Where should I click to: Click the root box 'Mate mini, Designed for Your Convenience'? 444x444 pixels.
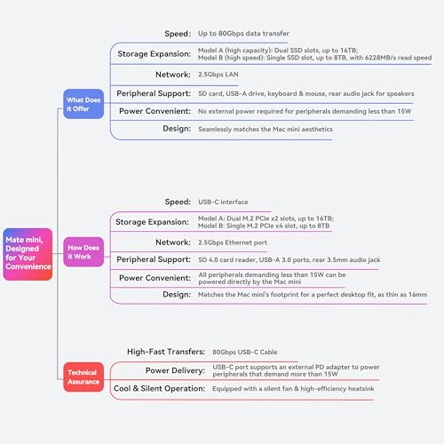point(28,254)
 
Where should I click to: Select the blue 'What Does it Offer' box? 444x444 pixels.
point(83,104)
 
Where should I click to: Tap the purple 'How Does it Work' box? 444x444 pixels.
point(83,252)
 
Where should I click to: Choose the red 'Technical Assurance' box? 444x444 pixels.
point(83,377)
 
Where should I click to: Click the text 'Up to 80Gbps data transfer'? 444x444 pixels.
point(243,34)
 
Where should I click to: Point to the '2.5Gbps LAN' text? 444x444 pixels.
point(218,75)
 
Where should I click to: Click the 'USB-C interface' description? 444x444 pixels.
point(223,202)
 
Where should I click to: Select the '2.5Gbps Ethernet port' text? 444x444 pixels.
point(233,242)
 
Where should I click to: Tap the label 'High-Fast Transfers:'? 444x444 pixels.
point(166,352)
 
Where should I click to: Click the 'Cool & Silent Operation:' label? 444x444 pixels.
point(159,388)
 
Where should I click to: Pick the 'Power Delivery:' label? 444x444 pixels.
point(175,370)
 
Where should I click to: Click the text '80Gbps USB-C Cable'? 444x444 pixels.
point(245,352)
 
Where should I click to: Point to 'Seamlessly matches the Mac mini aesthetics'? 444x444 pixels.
point(266,130)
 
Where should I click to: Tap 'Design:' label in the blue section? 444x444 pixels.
point(177,129)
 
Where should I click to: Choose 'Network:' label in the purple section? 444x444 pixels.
point(173,242)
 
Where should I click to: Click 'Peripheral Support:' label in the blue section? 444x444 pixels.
point(154,93)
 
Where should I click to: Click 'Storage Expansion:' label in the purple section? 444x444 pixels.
point(152,222)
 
